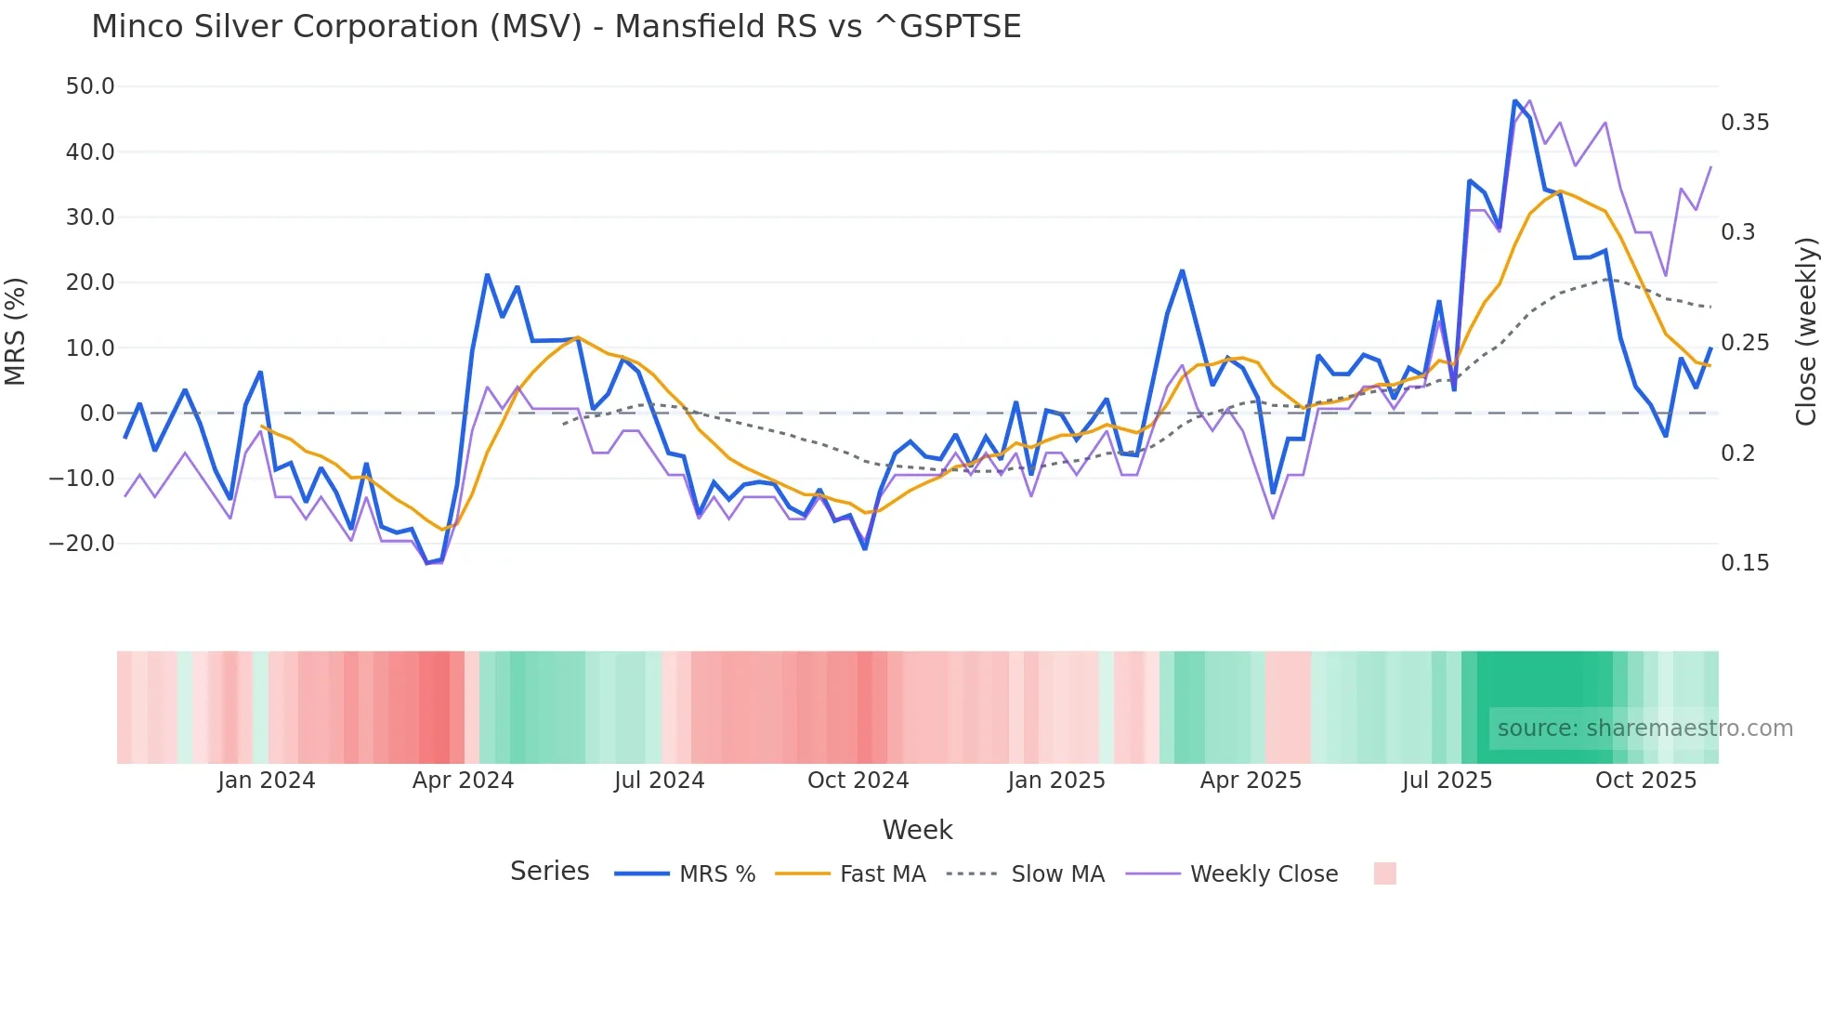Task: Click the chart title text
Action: tap(556, 27)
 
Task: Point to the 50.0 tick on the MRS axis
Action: tap(90, 86)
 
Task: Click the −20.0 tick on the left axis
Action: tap(82, 544)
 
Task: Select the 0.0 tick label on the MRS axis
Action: tap(97, 414)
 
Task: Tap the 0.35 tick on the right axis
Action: tap(1745, 123)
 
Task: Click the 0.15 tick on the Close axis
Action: tap(1745, 563)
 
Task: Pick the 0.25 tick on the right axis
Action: tap(1745, 343)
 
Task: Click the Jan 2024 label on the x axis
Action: tap(267, 781)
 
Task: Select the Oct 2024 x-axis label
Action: tap(858, 781)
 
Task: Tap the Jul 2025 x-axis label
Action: tap(1447, 781)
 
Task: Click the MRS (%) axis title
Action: tap(16, 331)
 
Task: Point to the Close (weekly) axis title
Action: tap(1805, 331)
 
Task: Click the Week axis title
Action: tap(917, 830)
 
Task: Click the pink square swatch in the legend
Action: tap(1384, 873)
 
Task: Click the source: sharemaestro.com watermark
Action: tap(1644, 729)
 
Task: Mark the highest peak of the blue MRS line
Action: tap(1515, 100)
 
